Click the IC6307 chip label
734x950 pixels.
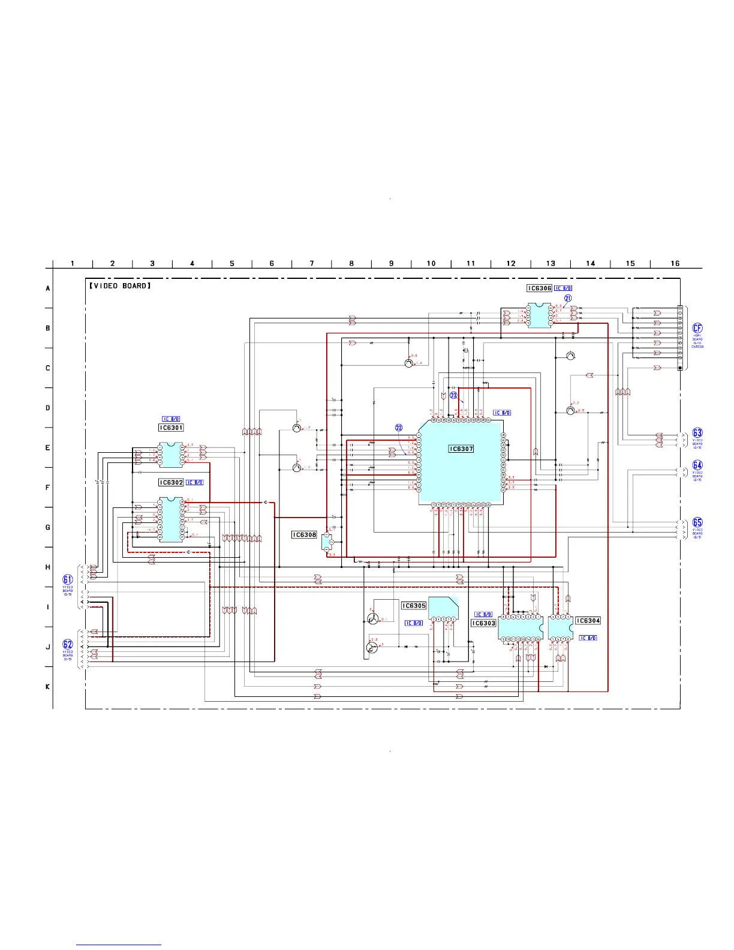tap(461, 449)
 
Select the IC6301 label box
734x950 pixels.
tap(171, 428)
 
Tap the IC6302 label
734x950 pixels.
tap(171, 482)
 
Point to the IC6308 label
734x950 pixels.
tap(304, 534)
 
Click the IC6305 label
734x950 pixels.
tap(414, 606)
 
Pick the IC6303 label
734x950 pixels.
tap(483, 623)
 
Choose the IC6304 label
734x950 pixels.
tap(588, 621)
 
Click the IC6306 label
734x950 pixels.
tap(539, 288)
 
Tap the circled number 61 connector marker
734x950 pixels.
tap(68, 579)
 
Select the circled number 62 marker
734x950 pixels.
tap(68, 645)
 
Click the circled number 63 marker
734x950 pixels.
tap(697, 433)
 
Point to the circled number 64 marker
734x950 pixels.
tap(697, 465)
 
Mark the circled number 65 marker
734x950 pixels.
tap(697, 522)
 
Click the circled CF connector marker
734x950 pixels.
tap(697, 328)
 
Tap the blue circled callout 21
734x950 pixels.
tap(568, 298)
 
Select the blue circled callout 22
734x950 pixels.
tap(399, 428)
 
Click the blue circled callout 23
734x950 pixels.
tap(454, 395)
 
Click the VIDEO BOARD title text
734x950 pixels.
tap(120, 286)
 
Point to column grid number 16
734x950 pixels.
tap(675, 263)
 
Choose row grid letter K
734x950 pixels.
tap(48, 687)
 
